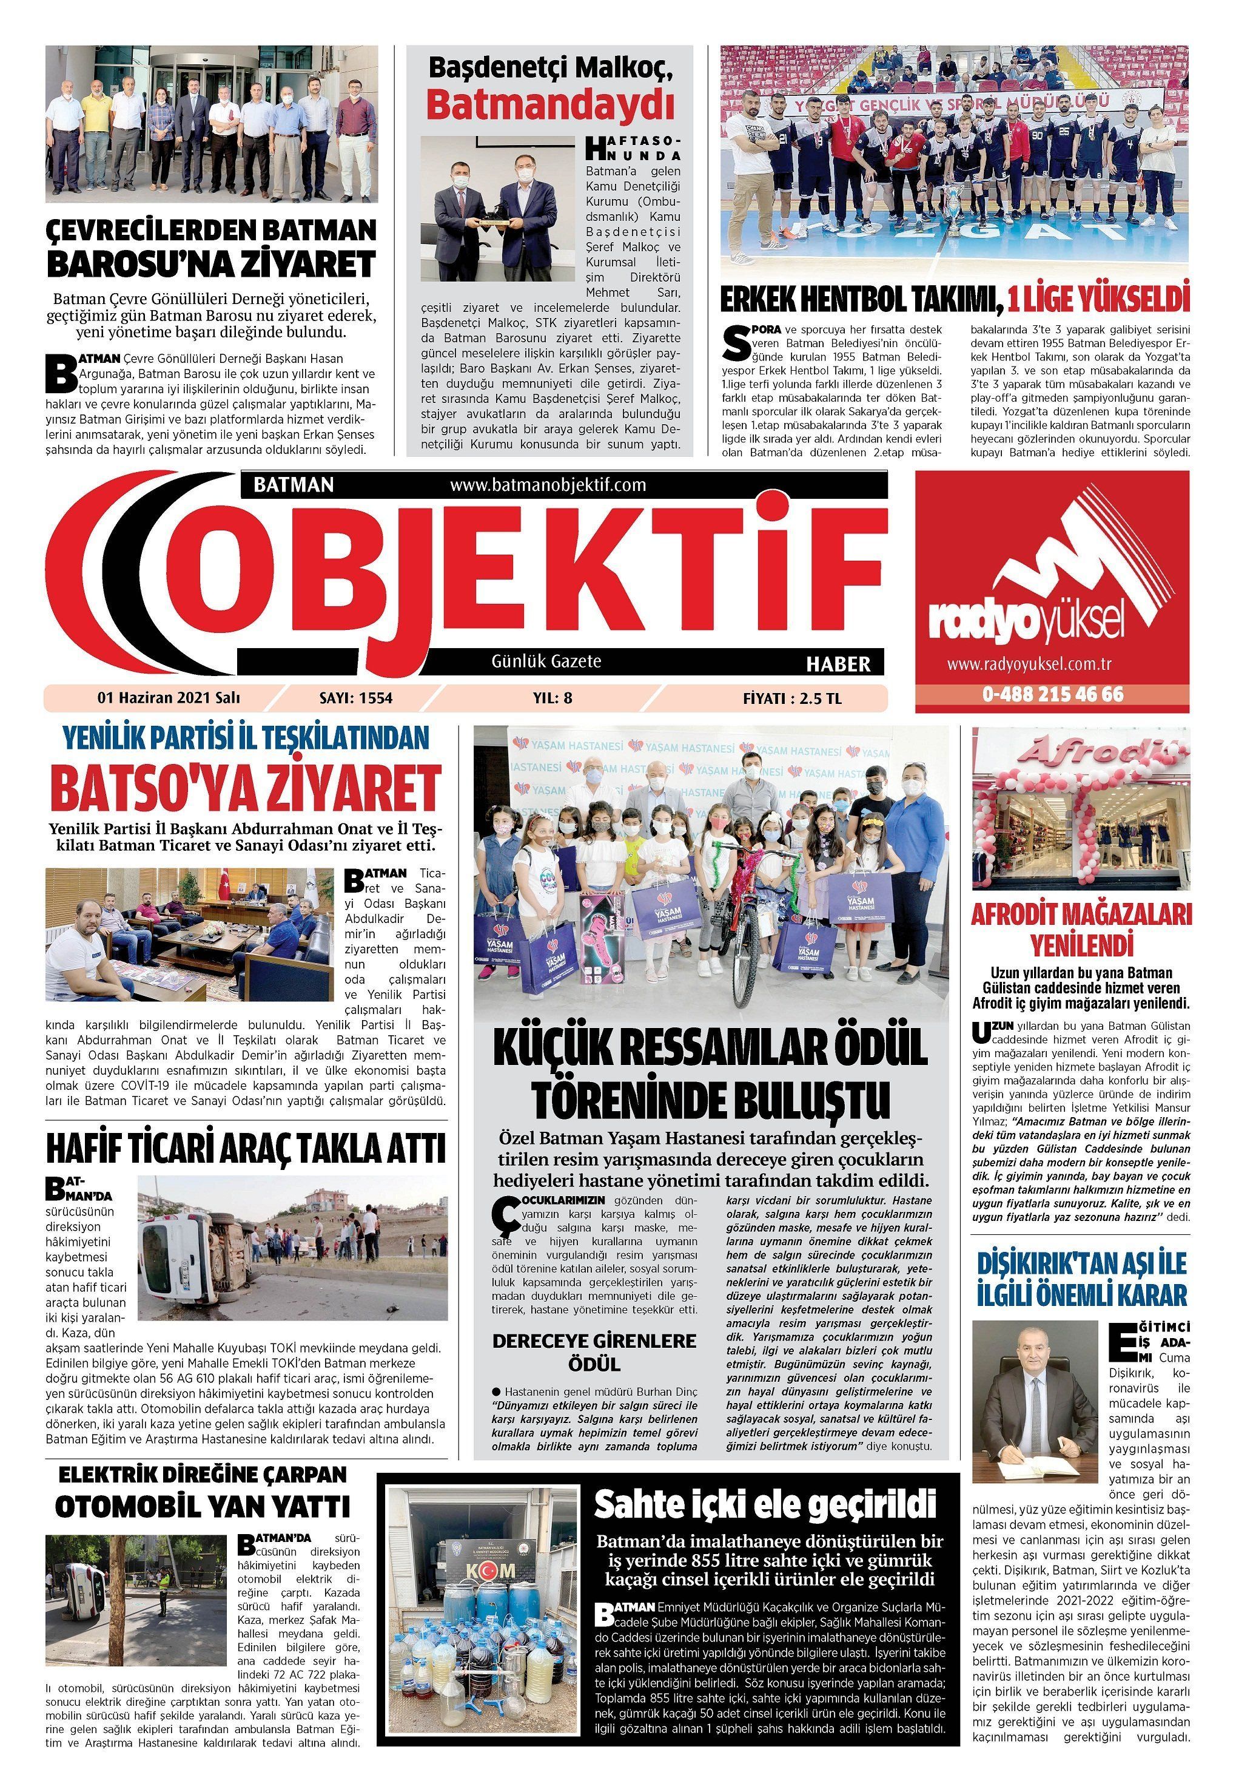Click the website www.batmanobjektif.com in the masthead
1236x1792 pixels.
pyautogui.click(x=547, y=485)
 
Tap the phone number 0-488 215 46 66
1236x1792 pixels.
pyautogui.click(x=1052, y=694)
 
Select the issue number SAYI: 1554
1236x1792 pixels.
pyautogui.click(x=355, y=698)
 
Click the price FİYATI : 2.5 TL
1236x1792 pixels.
pyautogui.click(x=791, y=698)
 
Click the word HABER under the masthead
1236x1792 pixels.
pyautogui.click(x=838, y=664)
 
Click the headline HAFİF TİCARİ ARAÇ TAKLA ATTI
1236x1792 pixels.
pyautogui.click(x=246, y=1148)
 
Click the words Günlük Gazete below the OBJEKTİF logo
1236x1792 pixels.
pyautogui.click(x=546, y=661)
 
